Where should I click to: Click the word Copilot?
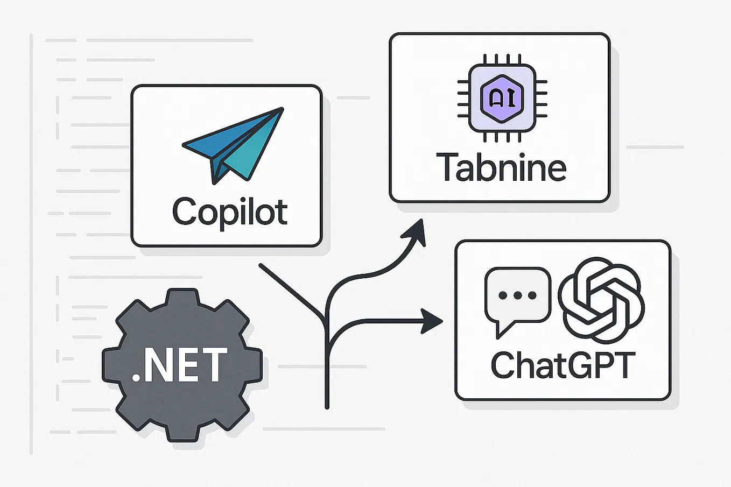(x=230, y=211)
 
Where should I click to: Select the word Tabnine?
(x=501, y=167)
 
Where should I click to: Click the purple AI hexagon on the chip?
(x=501, y=98)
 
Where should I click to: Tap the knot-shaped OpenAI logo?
(x=601, y=300)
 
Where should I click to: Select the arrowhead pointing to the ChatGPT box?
(x=432, y=321)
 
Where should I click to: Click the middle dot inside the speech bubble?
(x=518, y=295)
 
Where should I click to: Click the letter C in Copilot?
(x=185, y=211)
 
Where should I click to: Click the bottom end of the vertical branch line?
(x=327, y=407)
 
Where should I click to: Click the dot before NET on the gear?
(x=136, y=378)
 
